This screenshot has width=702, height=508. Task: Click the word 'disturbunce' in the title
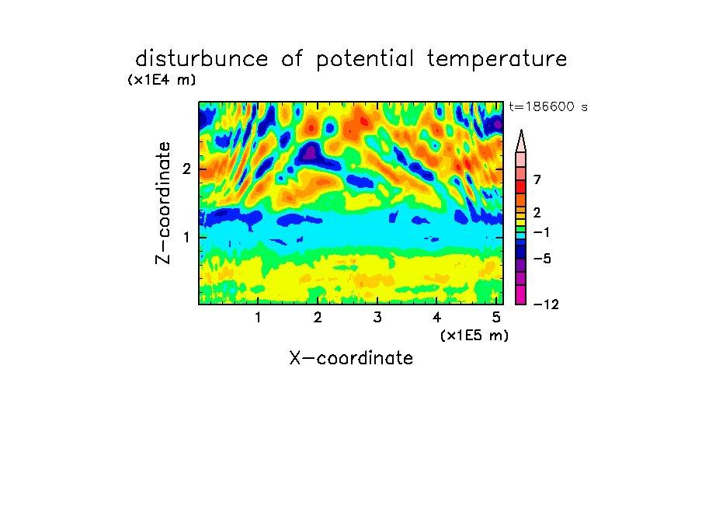(202, 59)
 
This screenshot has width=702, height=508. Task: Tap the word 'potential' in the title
(365, 60)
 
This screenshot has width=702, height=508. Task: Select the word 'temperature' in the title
(497, 59)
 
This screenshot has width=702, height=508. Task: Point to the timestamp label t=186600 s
(548, 106)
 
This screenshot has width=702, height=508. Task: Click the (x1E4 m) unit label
(162, 80)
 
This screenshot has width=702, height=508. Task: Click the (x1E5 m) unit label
(474, 336)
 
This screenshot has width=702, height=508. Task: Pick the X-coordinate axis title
(351, 358)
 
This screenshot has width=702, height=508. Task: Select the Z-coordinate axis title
(163, 203)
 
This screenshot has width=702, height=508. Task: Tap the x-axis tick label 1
(258, 318)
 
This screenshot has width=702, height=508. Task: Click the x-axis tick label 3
(377, 318)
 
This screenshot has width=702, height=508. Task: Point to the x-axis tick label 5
(496, 318)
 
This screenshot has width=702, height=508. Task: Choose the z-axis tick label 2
(186, 169)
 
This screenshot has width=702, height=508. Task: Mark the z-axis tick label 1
(186, 238)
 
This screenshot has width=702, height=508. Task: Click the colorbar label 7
(537, 180)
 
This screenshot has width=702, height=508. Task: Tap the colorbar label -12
(546, 304)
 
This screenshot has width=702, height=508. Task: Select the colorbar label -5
(542, 259)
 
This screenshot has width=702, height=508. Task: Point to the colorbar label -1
(541, 232)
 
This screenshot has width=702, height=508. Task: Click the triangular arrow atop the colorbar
(521, 141)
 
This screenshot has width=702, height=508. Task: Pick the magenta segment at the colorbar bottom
(521, 294)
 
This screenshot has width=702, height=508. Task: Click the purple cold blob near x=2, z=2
(311, 153)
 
